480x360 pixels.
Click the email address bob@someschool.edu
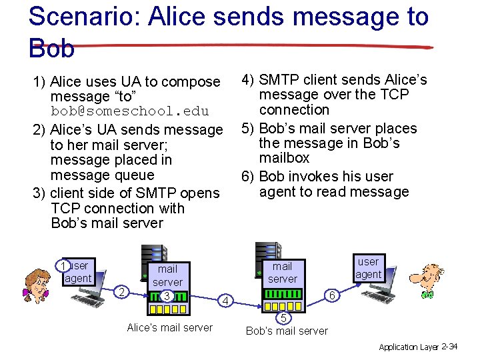130,111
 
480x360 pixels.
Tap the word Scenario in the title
86,17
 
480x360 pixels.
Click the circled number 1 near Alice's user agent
62,266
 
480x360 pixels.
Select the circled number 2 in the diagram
121,291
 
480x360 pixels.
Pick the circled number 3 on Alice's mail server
167,296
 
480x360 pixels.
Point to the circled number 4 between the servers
227,301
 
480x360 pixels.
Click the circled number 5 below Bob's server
283,317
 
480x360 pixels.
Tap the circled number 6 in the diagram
333,293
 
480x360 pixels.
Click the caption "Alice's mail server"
169,327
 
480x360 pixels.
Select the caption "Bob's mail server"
287,331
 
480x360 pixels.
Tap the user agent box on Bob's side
367,268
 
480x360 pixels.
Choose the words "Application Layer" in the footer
409,347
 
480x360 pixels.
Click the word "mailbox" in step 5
285,158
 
